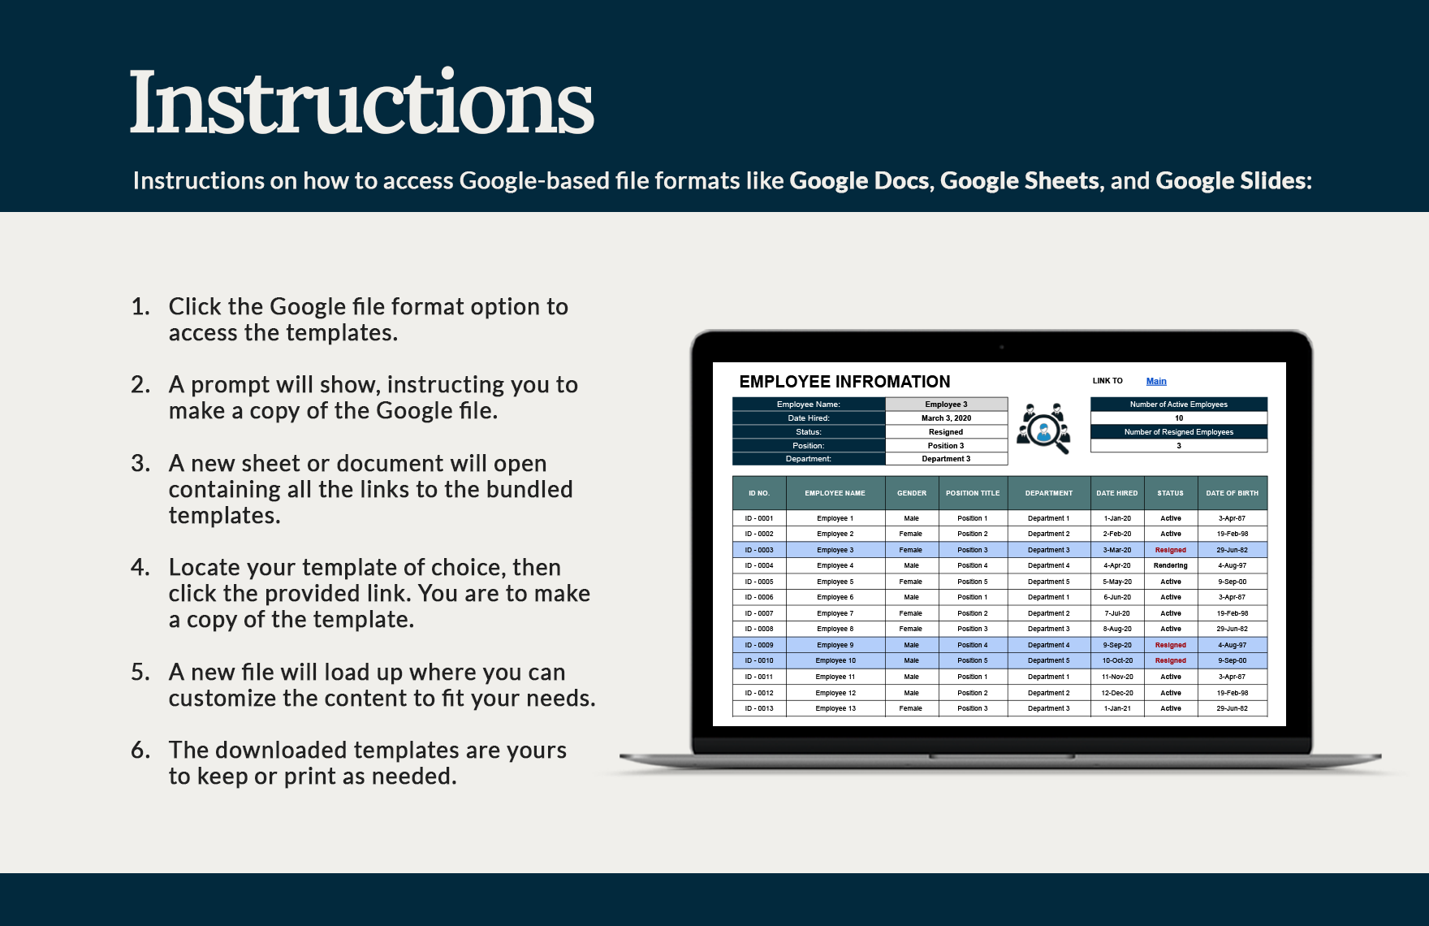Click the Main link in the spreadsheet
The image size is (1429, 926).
(x=1156, y=381)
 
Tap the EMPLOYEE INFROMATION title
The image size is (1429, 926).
(x=844, y=382)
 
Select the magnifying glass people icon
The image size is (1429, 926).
(x=1044, y=428)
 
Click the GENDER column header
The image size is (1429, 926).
(x=911, y=493)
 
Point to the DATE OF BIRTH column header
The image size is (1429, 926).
(x=1232, y=493)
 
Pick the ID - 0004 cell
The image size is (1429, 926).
(x=759, y=565)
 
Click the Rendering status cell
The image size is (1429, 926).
(x=1170, y=565)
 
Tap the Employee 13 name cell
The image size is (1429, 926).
(x=835, y=708)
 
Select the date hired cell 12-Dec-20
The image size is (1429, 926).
(x=1116, y=693)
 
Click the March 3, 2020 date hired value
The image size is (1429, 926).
(x=946, y=418)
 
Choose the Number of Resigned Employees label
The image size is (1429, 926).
(x=1178, y=432)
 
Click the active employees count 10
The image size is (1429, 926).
(x=1179, y=418)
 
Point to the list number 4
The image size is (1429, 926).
(x=140, y=567)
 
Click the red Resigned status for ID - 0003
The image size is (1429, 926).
(x=1170, y=550)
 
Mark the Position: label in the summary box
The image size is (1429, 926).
(x=808, y=446)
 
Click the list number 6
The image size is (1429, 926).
(x=140, y=750)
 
